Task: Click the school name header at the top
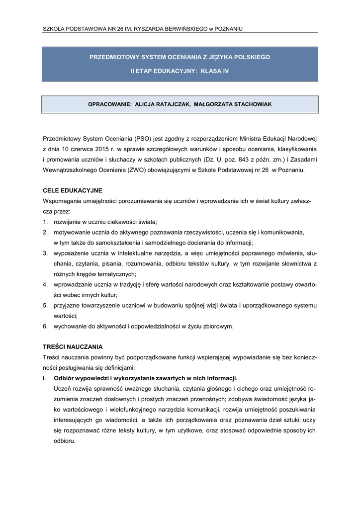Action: click(143, 29)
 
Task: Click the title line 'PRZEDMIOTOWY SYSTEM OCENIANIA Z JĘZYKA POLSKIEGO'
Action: click(180, 57)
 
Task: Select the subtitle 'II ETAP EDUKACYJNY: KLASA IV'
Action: click(180, 72)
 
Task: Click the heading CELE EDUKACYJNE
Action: click(73, 190)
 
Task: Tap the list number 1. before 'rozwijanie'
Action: click(45, 222)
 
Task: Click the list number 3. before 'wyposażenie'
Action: click(45, 253)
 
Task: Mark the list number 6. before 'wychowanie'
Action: click(45, 326)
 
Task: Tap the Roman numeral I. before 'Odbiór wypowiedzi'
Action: click(45, 378)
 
